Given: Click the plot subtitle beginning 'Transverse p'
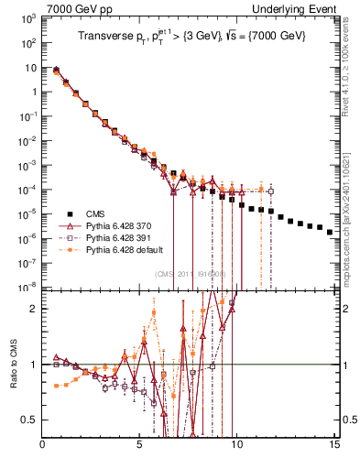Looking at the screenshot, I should click(191, 38).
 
